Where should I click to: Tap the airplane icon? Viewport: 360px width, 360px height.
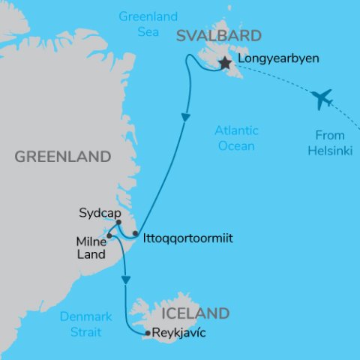pyautogui.click(x=322, y=98)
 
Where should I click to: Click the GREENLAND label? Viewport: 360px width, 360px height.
pyautogui.click(x=63, y=157)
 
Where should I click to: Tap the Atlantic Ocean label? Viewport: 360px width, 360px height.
pyautogui.click(x=236, y=138)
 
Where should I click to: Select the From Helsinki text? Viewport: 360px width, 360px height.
pyautogui.click(x=325, y=143)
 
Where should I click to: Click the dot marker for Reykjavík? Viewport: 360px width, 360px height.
pyautogui.click(x=148, y=333)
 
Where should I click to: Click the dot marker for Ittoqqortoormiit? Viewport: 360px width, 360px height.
pyautogui.click(x=135, y=234)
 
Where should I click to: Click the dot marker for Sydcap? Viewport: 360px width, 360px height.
pyautogui.click(x=119, y=222)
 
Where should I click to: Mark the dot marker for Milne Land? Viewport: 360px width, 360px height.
pyautogui.click(x=109, y=235)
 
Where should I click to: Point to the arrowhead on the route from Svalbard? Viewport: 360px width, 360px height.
pyautogui.click(x=184, y=118)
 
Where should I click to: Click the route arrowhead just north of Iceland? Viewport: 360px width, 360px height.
pyautogui.click(x=126, y=280)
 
